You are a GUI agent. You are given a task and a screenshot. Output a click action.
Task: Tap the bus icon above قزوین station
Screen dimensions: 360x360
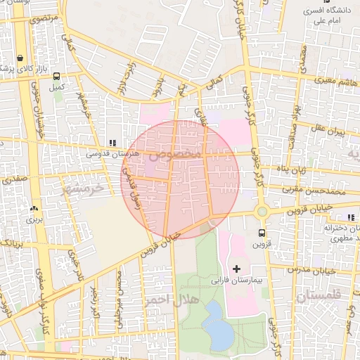tap(262, 233)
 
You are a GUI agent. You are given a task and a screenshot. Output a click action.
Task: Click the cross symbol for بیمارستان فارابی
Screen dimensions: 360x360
tap(236, 269)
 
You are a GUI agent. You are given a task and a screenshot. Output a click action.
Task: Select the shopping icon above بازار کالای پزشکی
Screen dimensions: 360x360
tap(20, 58)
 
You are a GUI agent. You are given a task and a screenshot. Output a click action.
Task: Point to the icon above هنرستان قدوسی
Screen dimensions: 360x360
tap(112, 143)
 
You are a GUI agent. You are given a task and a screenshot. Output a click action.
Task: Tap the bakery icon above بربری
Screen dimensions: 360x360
tap(33, 209)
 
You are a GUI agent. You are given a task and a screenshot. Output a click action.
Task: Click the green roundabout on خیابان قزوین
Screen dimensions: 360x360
tap(262, 211)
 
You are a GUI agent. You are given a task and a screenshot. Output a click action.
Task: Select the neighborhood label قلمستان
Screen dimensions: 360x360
tap(318, 296)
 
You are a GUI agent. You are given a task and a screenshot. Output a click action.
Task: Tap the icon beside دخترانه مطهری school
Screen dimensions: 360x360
tap(351, 218)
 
